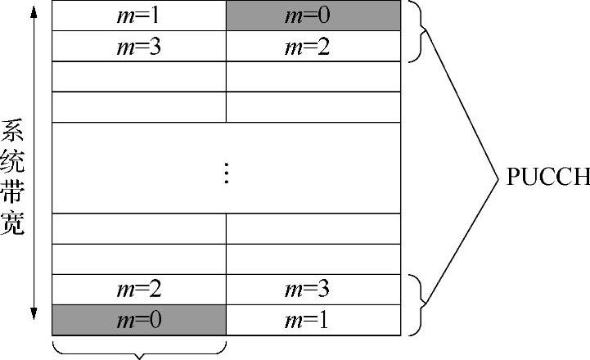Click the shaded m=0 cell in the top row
[x=313, y=16]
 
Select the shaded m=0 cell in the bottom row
[x=139, y=320]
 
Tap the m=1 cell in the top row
[x=139, y=16]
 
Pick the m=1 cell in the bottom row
[x=313, y=320]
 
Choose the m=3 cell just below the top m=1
[x=139, y=46]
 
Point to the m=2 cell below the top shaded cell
[x=313, y=46]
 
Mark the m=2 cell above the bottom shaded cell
[x=139, y=290]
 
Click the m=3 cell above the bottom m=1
[x=313, y=290]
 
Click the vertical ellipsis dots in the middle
[x=227, y=173]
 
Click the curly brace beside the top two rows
[x=419, y=31]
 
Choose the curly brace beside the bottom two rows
[x=419, y=304]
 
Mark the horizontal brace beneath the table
[x=139, y=350]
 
